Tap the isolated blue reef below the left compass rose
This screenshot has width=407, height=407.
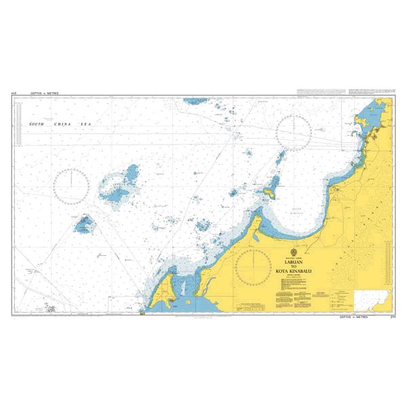[85, 222]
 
